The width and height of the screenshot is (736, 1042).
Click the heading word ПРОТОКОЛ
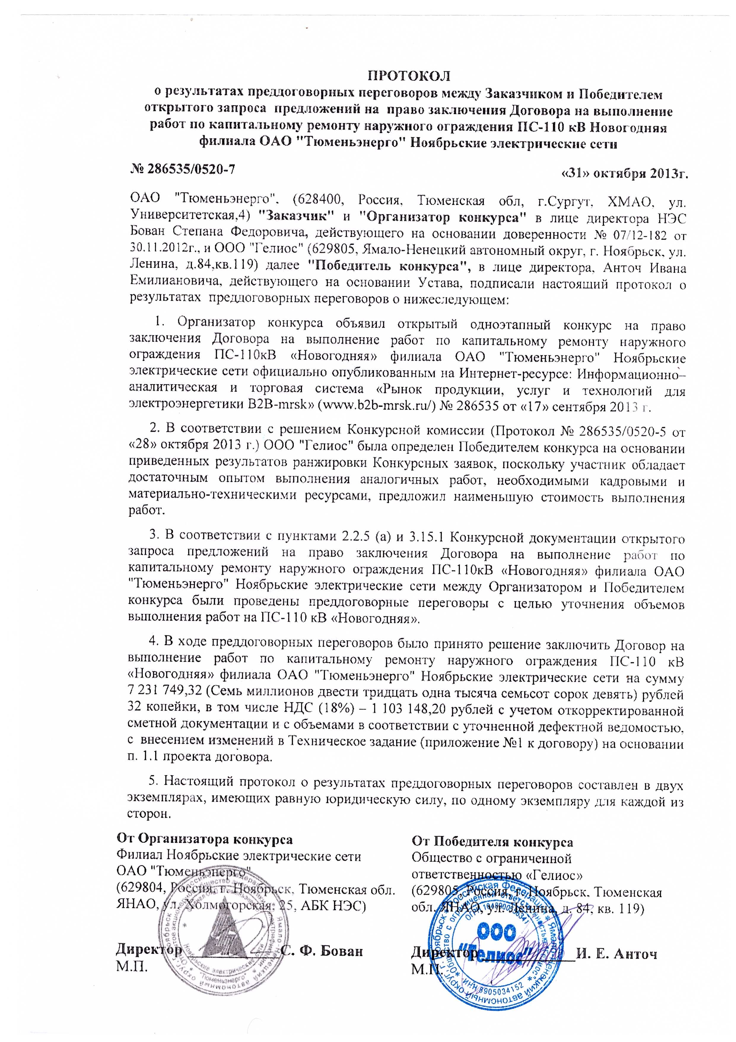408,74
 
